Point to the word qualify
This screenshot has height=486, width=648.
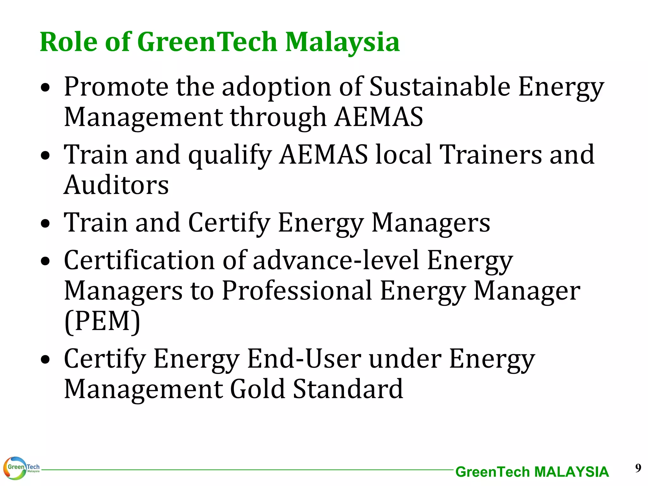[x=230, y=155]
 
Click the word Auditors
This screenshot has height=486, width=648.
[x=116, y=185]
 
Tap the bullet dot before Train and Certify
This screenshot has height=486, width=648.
[x=46, y=224]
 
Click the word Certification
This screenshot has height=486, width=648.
[x=140, y=260]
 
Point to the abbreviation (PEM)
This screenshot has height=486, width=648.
[x=102, y=321]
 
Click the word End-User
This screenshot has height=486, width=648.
[x=304, y=359]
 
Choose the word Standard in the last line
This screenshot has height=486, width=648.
[x=348, y=389]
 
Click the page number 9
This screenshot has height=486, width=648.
[x=638, y=468]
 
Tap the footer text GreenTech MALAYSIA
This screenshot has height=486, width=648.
[x=532, y=472]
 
